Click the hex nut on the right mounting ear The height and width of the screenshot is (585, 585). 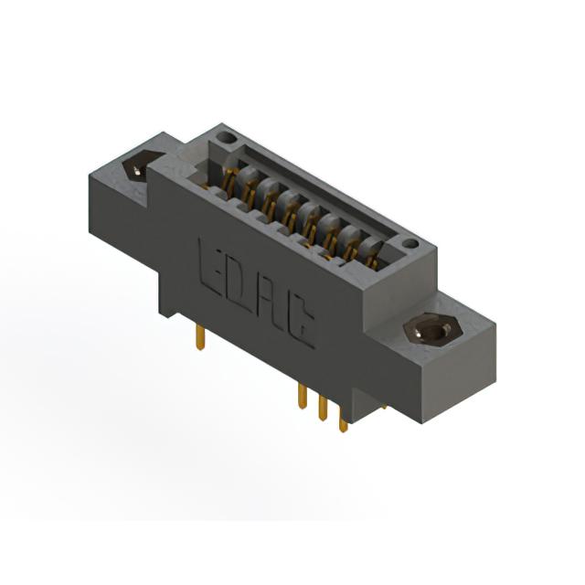[432, 329]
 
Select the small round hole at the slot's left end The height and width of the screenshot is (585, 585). [227, 139]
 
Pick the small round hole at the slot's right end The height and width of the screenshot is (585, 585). [411, 244]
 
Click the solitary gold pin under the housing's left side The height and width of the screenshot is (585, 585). [200, 337]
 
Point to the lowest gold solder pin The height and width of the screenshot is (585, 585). [344, 420]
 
